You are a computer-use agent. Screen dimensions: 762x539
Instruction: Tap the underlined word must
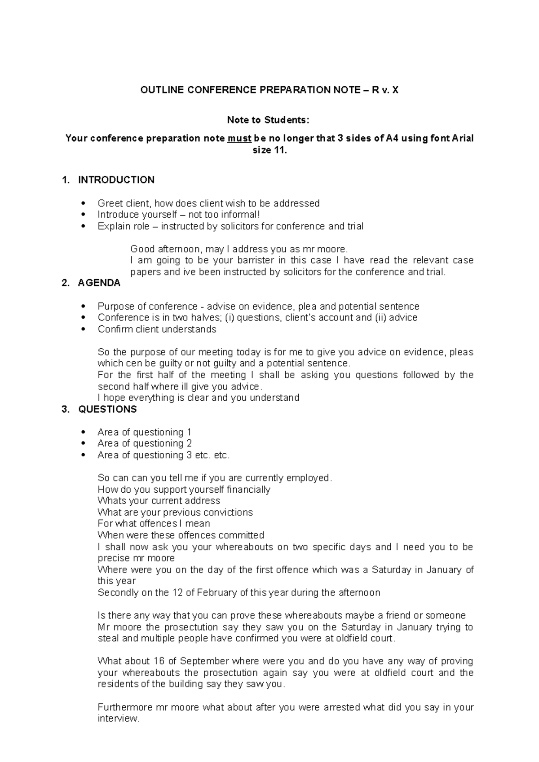[x=239, y=138]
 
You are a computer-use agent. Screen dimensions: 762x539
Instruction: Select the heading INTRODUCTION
[x=116, y=180]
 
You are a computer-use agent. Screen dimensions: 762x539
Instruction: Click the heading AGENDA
[x=99, y=283]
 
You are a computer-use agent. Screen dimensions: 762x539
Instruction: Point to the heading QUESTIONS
[x=107, y=409]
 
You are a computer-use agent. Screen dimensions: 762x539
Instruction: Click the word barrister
[x=257, y=260]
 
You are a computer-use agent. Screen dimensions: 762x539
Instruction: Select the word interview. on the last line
[x=119, y=718]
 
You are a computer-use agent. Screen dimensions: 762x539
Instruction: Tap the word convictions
[x=228, y=512]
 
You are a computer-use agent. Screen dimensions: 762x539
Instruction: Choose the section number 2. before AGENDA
[x=65, y=283]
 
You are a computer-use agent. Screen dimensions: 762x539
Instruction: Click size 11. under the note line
[x=269, y=150]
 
